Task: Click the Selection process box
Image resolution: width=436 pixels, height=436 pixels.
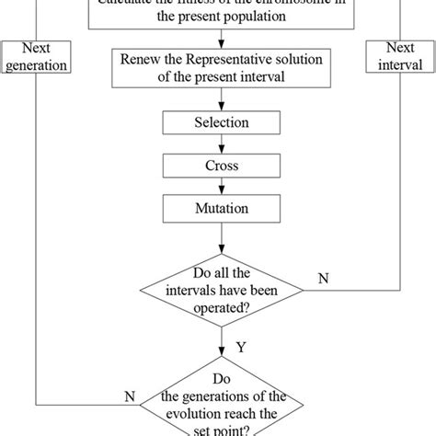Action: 220,122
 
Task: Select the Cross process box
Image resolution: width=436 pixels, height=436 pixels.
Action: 220,166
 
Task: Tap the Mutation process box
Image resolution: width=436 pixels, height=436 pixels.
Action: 220,209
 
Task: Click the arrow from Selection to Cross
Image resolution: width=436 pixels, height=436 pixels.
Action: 220,143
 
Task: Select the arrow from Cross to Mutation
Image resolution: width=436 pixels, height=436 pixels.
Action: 220,187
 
